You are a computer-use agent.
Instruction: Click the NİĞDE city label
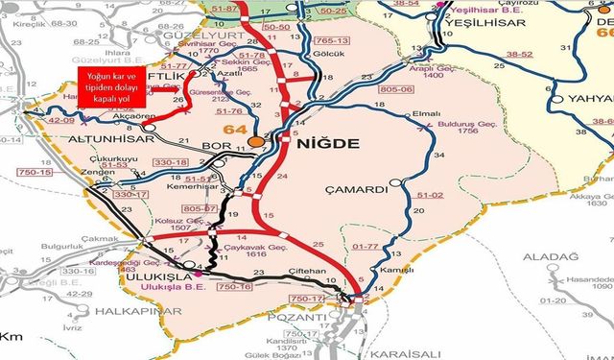(329, 144)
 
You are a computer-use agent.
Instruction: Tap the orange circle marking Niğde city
(256, 142)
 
